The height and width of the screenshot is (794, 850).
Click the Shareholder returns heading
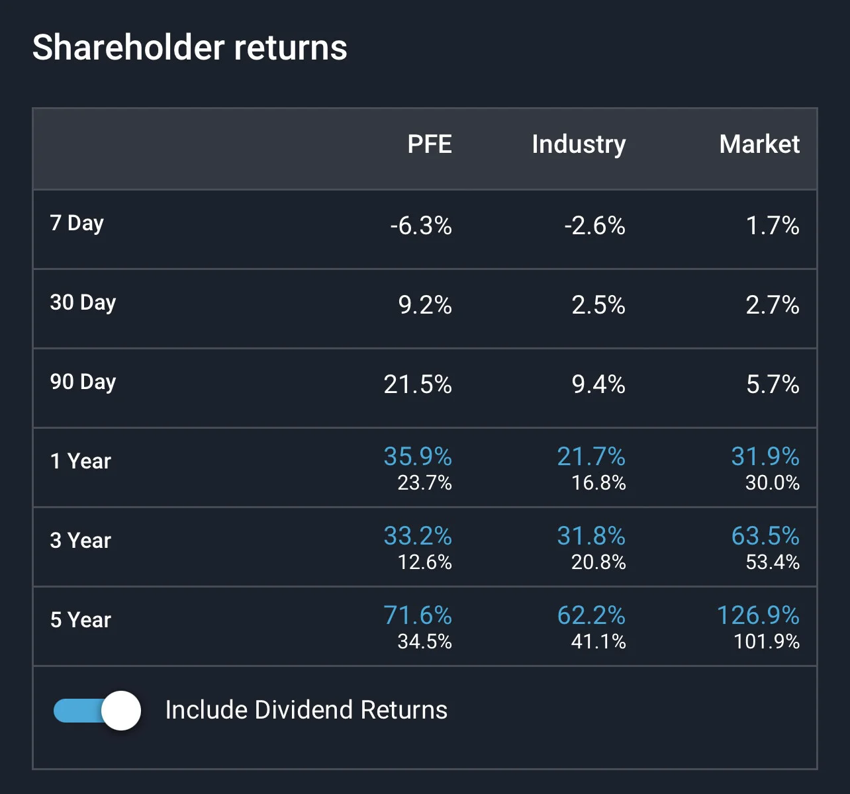coord(189,48)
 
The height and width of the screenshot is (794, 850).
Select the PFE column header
coord(429,144)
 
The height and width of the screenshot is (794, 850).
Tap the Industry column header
coord(579,145)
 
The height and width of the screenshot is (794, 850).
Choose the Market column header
coord(759,144)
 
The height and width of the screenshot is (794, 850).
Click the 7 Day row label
coord(77,224)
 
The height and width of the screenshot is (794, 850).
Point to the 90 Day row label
coord(83,382)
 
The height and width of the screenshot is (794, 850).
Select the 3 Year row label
coord(81,541)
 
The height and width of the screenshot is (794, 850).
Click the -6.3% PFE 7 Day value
coord(421,226)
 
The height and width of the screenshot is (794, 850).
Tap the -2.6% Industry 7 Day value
coord(595,226)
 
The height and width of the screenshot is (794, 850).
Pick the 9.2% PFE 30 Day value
coord(425,305)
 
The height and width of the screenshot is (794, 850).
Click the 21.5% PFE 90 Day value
coord(418,384)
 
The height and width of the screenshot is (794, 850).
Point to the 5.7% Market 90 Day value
coord(773,384)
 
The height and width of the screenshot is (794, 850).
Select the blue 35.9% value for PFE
coord(418,456)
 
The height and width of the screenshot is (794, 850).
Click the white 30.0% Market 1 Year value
coord(773,483)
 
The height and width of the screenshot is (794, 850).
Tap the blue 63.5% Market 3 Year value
coord(765,535)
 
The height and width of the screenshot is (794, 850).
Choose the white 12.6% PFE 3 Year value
coord(424,562)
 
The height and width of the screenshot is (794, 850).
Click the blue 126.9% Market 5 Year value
coord(758,615)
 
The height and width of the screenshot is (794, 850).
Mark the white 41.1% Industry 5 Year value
coord(598,642)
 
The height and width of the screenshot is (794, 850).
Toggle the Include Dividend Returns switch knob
coord(121,711)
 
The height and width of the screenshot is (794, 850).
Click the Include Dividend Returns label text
coord(307,710)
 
